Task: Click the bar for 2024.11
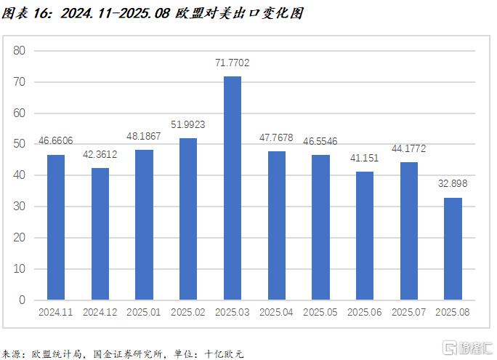[56, 227]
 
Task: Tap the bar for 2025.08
[453, 249]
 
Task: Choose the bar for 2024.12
[100, 233]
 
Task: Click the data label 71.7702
[233, 63]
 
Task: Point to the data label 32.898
[453, 185]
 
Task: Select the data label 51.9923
[188, 125]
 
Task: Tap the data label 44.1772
[408, 149]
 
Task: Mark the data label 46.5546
[320, 141]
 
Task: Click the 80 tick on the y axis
[19, 51]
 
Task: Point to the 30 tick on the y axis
[19, 207]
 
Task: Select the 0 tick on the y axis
[22, 300]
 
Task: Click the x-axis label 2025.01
[144, 313]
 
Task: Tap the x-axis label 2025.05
[320, 313]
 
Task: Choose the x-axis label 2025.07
[408, 313]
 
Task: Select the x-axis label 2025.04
[276, 313]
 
